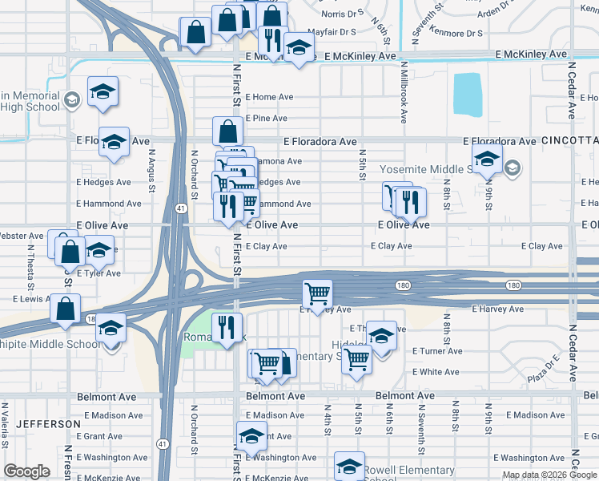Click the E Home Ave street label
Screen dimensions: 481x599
click(x=269, y=97)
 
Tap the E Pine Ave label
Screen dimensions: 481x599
click(x=266, y=118)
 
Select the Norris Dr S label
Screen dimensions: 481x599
click(x=342, y=13)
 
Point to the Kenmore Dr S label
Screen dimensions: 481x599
click(x=456, y=34)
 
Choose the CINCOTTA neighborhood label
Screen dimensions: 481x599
click(x=569, y=140)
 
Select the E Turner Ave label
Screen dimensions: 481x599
click(x=437, y=351)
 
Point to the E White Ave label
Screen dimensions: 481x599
click(x=436, y=372)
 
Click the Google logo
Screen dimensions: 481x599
click(x=26, y=471)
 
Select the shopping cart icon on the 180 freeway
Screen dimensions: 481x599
click(x=318, y=294)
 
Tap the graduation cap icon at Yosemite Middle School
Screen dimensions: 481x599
click(x=486, y=160)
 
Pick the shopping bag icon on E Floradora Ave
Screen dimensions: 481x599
click(x=228, y=131)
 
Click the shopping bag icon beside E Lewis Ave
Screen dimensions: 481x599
click(x=65, y=308)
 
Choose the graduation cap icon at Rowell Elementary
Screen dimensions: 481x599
click(x=349, y=467)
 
